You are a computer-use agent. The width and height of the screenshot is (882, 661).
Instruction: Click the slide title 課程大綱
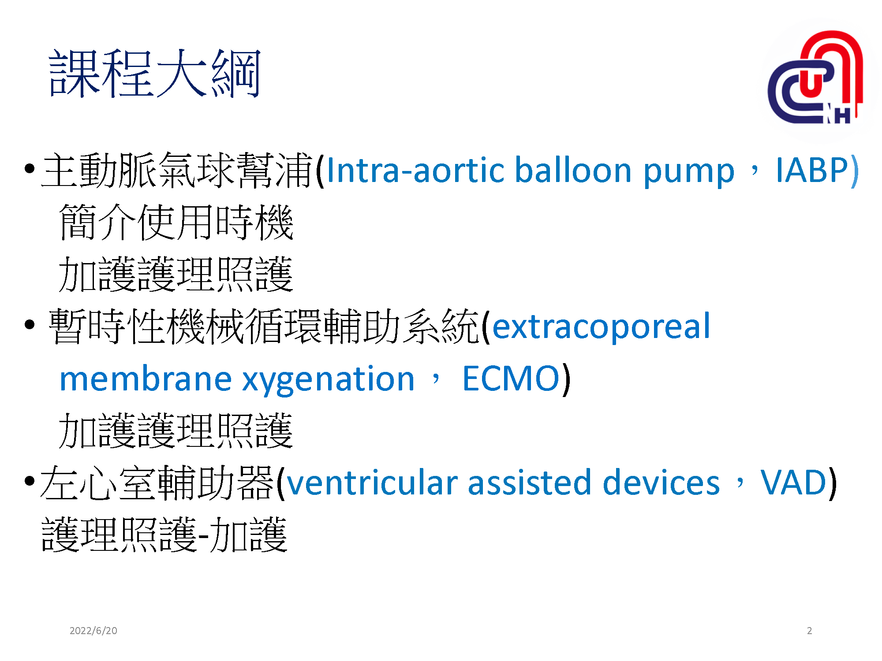154,74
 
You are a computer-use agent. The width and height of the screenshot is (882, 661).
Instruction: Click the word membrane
146,379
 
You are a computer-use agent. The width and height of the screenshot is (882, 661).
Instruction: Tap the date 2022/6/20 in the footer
93,631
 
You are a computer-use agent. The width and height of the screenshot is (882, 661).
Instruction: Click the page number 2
809,631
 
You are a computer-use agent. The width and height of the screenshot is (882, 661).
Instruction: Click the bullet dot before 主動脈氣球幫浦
30,169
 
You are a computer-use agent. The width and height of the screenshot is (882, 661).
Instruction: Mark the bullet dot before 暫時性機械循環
30,325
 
